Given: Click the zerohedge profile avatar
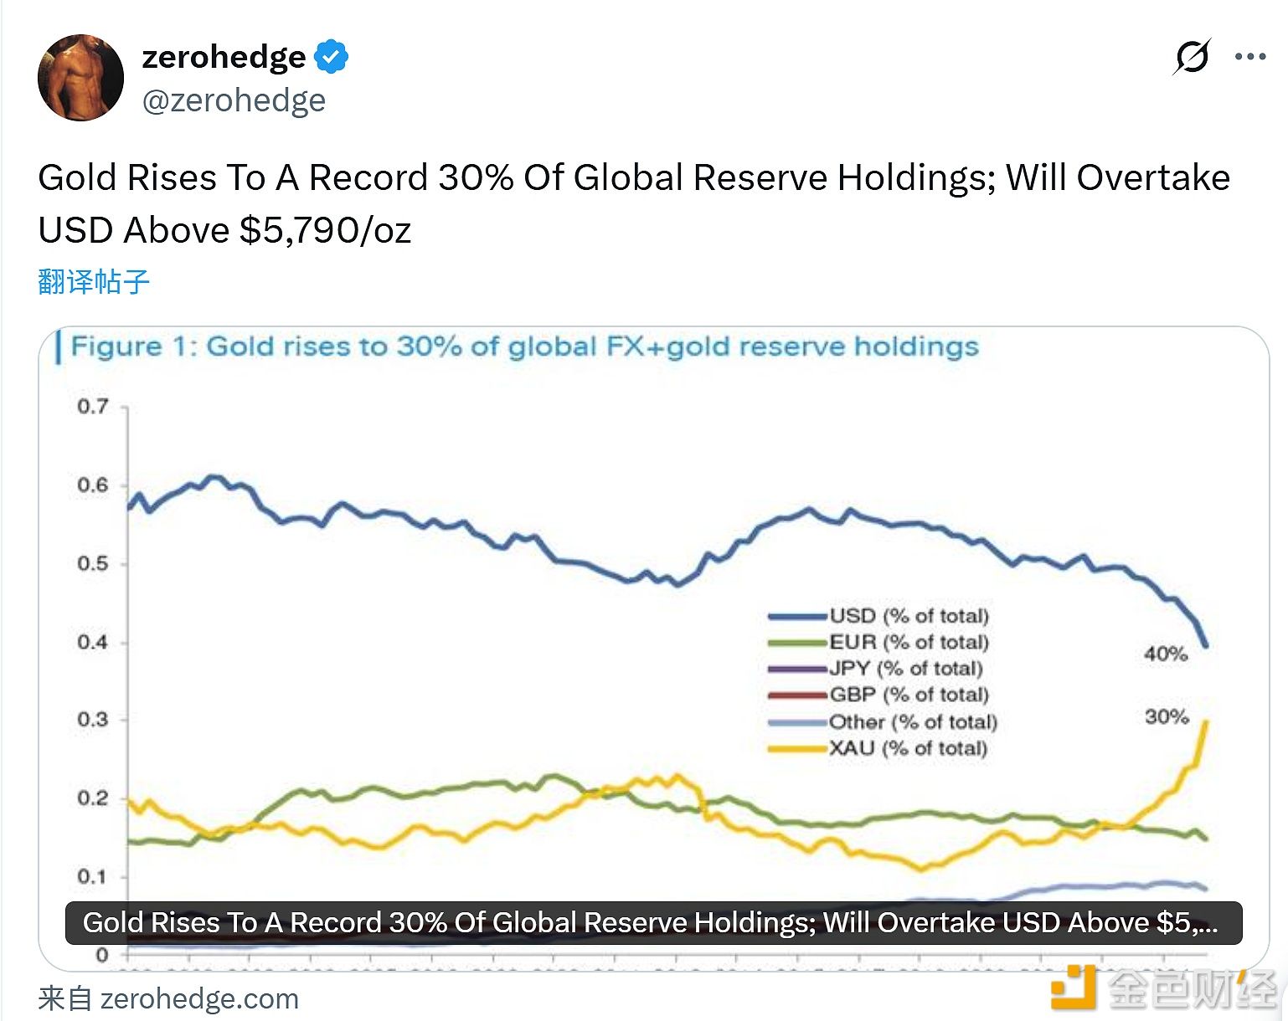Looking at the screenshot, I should click(x=81, y=78).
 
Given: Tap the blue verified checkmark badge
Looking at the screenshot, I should click(x=332, y=57).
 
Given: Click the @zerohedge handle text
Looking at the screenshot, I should click(x=234, y=100).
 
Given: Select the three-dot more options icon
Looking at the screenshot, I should click(x=1249, y=57).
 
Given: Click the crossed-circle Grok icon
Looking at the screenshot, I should click(x=1191, y=57).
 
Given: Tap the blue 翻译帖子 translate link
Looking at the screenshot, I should click(x=94, y=281).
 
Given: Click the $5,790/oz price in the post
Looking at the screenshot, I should click(x=326, y=231).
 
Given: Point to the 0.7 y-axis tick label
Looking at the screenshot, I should click(x=93, y=407).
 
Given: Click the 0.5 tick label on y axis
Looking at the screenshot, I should click(x=93, y=563).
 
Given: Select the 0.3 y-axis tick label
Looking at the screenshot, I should click(x=93, y=720).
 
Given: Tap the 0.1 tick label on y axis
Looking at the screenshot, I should click(x=93, y=876).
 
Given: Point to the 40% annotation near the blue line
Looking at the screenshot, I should click(x=1166, y=654).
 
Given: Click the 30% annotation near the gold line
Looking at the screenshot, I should click(x=1167, y=716).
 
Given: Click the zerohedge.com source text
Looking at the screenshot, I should click(x=199, y=998).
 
